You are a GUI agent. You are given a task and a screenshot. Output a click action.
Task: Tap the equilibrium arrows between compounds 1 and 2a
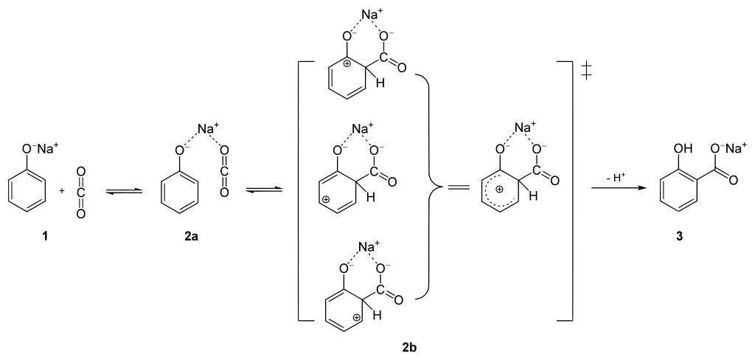[x=117, y=190]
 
